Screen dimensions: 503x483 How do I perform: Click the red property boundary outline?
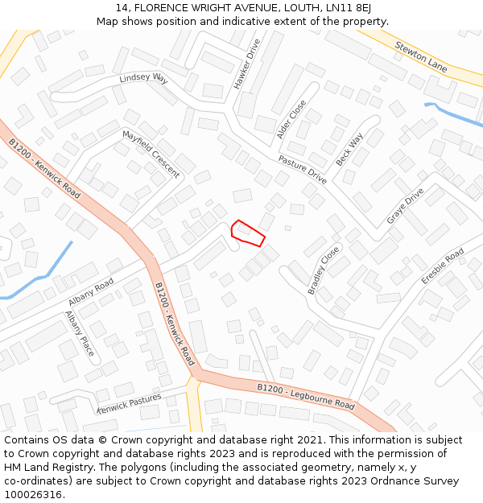tap(248, 232)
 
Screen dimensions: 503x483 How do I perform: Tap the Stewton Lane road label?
tap(421, 56)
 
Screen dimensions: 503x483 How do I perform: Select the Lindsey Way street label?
tap(143, 78)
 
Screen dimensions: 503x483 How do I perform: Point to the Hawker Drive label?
tap(248, 64)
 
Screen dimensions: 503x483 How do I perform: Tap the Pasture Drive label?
tap(302, 168)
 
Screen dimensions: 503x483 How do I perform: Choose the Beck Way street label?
tap(349, 150)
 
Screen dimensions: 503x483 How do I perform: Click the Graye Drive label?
tap(405, 206)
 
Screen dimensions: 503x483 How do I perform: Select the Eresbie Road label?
tap(443, 266)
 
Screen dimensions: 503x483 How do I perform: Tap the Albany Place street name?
tap(80, 333)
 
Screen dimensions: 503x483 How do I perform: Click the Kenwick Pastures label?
tap(129, 403)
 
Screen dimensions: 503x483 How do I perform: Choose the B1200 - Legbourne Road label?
tap(305, 395)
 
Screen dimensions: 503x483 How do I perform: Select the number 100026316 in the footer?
tap(34, 494)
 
